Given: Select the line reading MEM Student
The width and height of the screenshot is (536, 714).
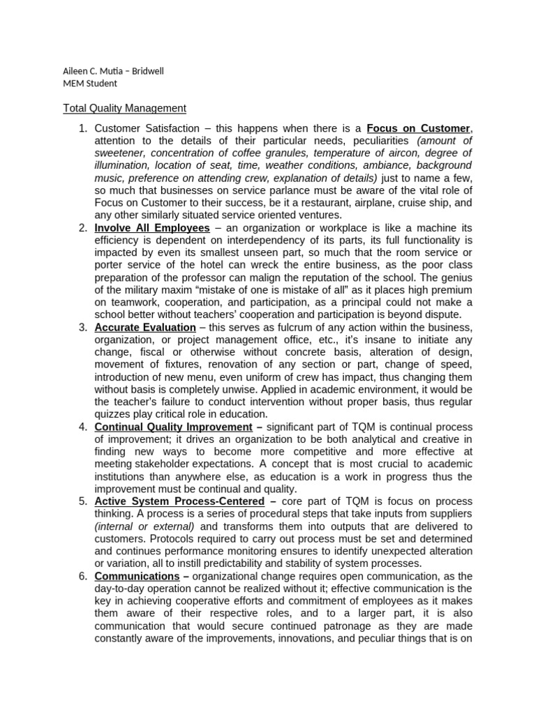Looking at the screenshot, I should click(90, 84).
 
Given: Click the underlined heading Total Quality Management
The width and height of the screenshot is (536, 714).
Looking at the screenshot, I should click(125, 108).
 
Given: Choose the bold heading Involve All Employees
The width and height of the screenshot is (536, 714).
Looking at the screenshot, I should click(152, 228).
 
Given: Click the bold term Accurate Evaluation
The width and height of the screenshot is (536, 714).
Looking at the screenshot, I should click(145, 328).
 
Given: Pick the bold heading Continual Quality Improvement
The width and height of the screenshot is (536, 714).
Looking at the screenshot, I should click(174, 427).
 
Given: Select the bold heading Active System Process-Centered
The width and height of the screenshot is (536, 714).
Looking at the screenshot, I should click(179, 501).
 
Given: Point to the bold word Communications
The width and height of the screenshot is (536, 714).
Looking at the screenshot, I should click(137, 576).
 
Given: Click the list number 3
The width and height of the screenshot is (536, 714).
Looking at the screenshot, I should click(82, 328).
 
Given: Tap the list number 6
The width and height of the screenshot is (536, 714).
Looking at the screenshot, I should click(82, 576).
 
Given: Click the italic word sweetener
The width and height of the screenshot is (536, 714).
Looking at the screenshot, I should click(119, 153).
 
